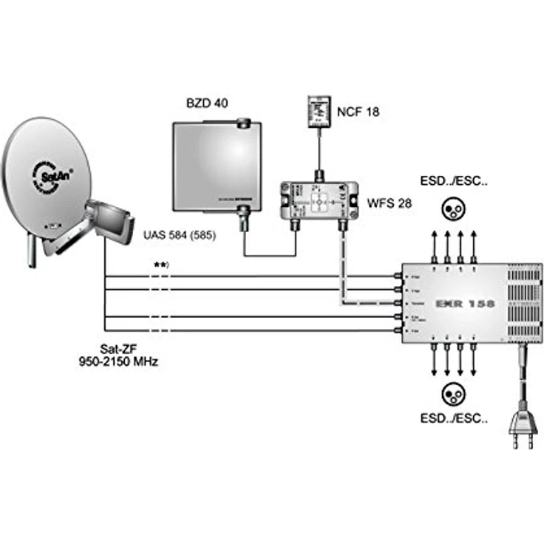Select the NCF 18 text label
[358, 113]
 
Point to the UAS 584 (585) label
[180, 236]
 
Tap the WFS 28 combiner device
[319, 197]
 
